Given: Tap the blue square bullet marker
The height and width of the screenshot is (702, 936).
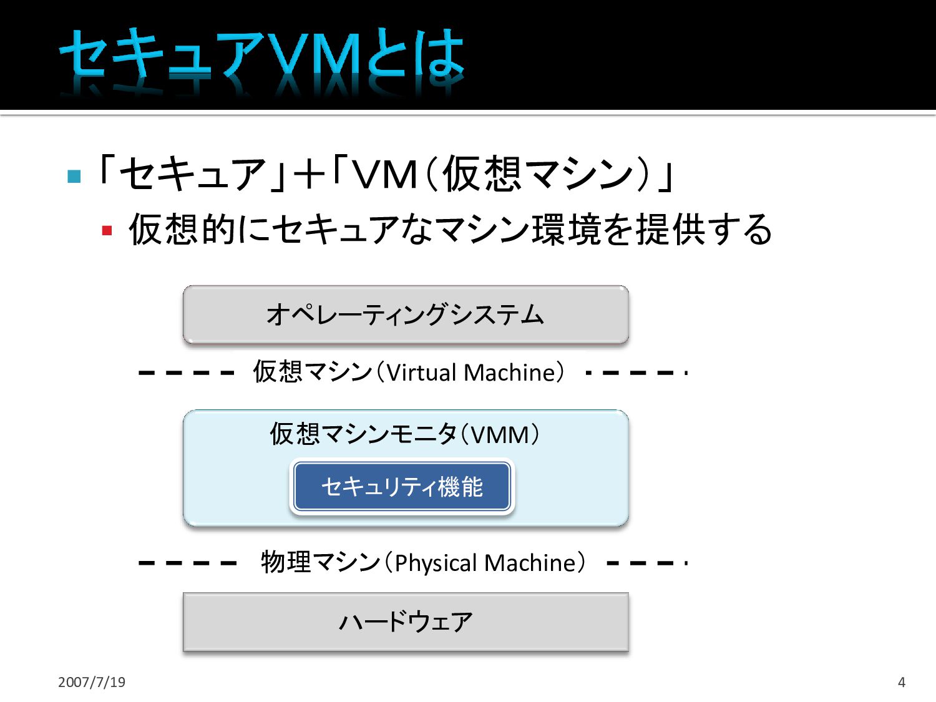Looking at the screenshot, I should click(x=74, y=177).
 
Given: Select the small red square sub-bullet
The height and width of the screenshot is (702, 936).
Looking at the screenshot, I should click(x=107, y=231).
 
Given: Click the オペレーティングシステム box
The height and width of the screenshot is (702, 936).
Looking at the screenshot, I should click(x=406, y=314).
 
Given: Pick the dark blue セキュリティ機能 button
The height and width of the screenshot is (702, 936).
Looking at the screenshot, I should click(x=402, y=487).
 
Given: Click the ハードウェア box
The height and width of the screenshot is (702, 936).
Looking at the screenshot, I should click(x=406, y=622).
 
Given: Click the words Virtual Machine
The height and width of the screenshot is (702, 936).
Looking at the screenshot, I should click(x=471, y=373).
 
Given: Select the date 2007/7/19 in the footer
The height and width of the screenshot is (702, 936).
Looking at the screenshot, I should click(x=92, y=682).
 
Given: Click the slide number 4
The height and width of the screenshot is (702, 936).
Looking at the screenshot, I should click(x=901, y=682).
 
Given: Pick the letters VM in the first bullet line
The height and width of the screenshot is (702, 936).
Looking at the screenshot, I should click(x=384, y=174).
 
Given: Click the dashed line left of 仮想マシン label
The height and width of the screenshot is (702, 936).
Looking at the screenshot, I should click(x=186, y=373).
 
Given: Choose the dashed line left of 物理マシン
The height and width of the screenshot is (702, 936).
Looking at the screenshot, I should click(x=187, y=563).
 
